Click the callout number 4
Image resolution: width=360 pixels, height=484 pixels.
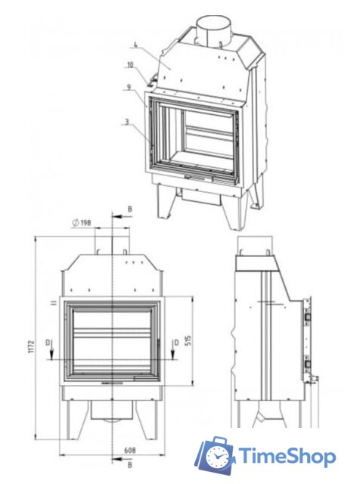[x=135, y=45]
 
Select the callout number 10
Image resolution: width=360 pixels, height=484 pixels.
[x=130, y=65]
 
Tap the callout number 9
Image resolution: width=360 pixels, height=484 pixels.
[x=129, y=87]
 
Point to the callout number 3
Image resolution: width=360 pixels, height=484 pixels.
[x=127, y=122]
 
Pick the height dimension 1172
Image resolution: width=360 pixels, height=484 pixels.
[x=31, y=347]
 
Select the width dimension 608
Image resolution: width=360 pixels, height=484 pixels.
[x=129, y=451]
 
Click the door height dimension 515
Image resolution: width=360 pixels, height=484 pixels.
[x=188, y=340]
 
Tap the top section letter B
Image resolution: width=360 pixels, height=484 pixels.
[x=130, y=209]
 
